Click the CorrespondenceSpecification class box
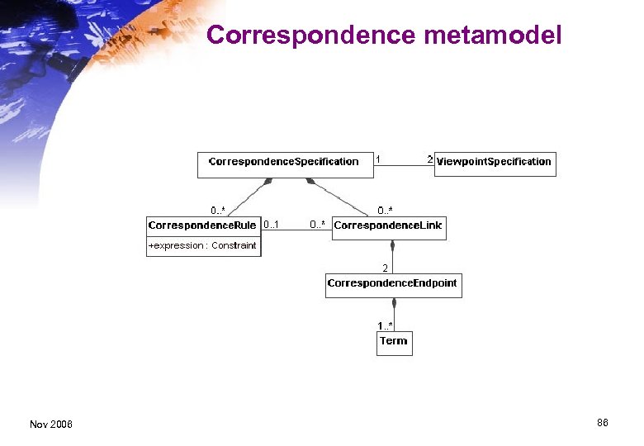[x=284, y=163]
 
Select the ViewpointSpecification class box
[x=495, y=163]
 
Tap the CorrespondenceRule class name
[x=202, y=225]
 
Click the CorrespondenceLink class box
[x=389, y=226]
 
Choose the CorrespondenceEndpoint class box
[x=392, y=284]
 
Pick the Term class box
[x=394, y=342]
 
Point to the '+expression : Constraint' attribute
[x=202, y=246]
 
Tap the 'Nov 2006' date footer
[x=51, y=425]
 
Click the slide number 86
[x=603, y=423]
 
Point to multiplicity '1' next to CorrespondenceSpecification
[x=378, y=158]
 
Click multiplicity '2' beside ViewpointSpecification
[x=429, y=158]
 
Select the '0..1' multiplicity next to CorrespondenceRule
[x=271, y=225]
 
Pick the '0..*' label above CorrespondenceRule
[x=219, y=211]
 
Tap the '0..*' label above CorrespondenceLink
[x=386, y=211]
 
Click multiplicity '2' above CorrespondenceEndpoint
[x=385, y=268]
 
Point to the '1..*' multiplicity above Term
[x=386, y=326]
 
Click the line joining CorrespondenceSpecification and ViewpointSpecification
[x=404, y=166]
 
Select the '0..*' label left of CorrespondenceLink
[x=318, y=225]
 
